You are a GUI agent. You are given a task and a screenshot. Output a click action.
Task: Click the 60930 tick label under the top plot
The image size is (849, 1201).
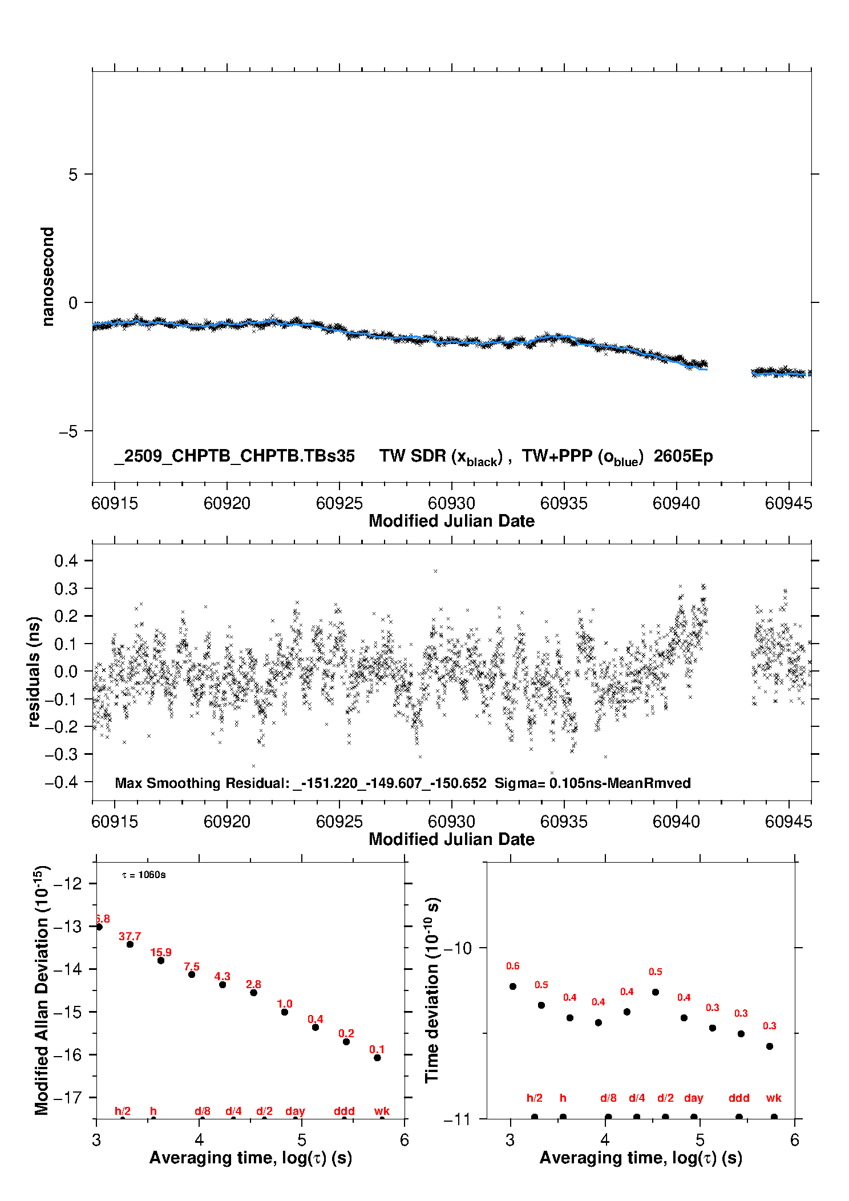tap(451, 503)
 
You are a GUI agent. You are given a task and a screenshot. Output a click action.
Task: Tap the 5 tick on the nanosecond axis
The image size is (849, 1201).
tap(73, 175)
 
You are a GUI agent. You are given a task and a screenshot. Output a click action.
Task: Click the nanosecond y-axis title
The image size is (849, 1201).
tap(48, 277)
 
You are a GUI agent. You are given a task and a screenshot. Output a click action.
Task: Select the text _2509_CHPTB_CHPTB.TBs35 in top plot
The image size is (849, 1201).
tap(235, 456)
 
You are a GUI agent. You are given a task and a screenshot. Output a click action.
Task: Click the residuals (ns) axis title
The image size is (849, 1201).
tap(34, 672)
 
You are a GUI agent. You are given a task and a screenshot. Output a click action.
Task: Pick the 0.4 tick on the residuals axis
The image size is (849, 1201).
tap(66, 561)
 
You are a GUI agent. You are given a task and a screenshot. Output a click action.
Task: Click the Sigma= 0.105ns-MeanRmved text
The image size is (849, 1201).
tap(592, 783)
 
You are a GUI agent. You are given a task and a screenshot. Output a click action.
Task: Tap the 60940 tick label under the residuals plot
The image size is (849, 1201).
tap(676, 822)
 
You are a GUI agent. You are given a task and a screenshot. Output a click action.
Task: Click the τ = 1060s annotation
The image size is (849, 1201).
tap(144, 875)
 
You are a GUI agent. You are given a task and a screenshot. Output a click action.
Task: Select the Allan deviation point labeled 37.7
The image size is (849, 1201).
tap(130, 944)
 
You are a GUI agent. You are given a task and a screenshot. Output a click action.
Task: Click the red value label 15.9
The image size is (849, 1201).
tap(161, 952)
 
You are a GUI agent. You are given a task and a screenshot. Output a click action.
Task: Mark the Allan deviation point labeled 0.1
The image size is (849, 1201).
tap(377, 1058)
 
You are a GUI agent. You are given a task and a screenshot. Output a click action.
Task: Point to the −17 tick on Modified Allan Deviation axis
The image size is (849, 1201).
tap(67, 1097)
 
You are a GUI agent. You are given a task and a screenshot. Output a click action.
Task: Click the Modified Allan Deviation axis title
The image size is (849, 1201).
tap(42, 990)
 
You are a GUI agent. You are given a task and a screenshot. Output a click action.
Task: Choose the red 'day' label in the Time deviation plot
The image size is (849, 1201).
tap(693, 1098)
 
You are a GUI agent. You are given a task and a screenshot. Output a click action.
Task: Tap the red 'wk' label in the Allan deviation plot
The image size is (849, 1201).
tap(382, 1111)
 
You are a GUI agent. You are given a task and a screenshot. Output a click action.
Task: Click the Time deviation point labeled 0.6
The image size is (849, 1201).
tap(513, 986)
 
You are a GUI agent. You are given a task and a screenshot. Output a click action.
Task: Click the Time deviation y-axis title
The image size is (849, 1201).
tap(432, 990)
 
